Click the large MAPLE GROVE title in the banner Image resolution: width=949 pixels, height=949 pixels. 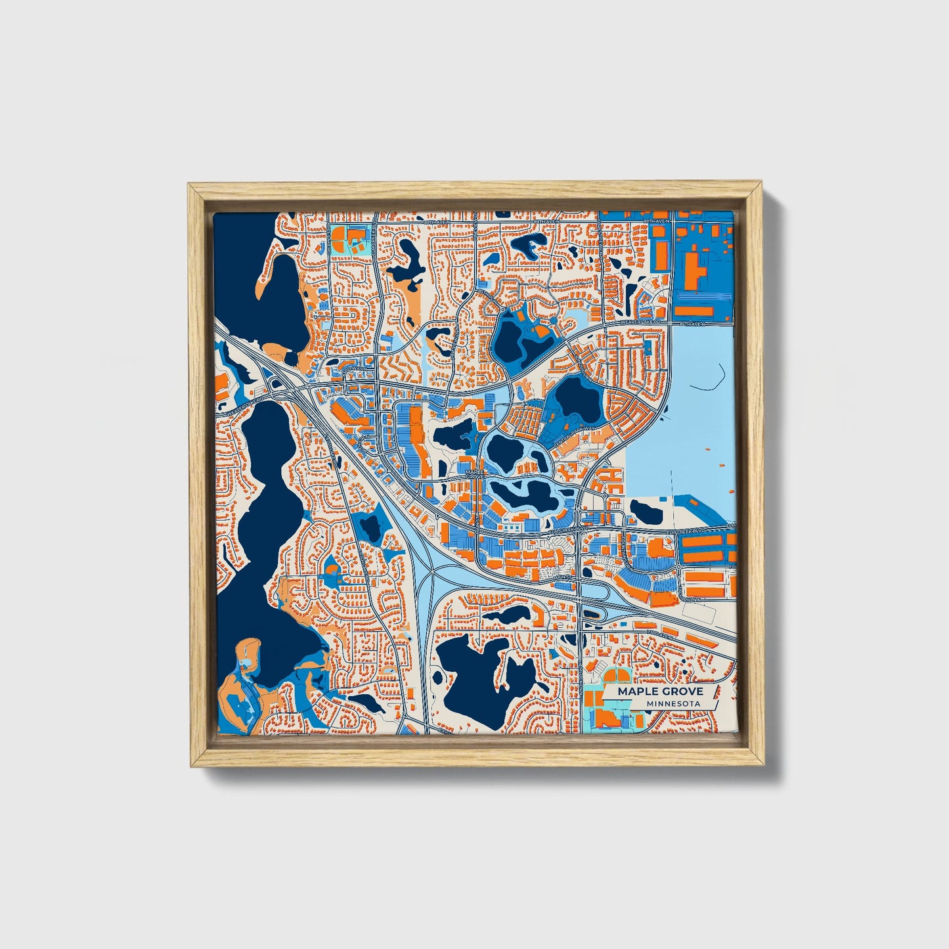[x=659, y=692]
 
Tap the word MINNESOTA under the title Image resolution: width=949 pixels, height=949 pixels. [x=673, y=704]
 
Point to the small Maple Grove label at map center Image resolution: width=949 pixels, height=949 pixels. [x=473, y=474]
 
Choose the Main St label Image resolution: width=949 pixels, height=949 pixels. [x=562, y=577]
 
